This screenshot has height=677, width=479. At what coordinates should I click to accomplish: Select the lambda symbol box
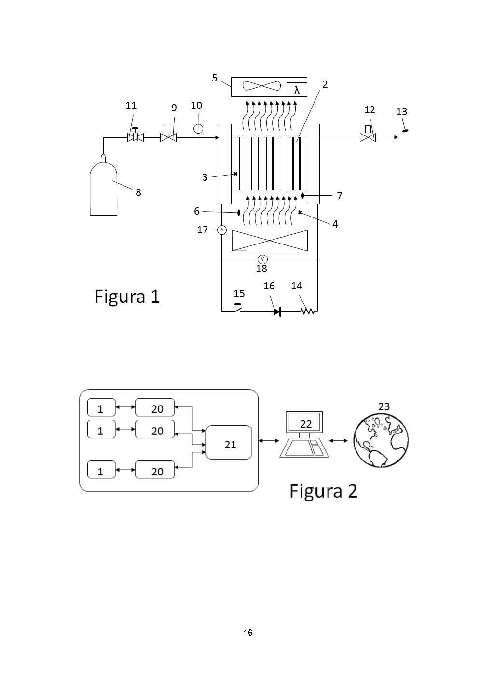297,90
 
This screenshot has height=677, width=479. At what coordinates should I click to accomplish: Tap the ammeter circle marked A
222,230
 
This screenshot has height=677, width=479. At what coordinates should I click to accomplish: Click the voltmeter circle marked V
262,259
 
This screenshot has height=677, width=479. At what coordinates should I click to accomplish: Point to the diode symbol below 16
277,311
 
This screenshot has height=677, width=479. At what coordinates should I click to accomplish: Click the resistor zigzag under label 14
308,311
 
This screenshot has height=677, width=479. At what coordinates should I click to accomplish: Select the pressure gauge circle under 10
198,129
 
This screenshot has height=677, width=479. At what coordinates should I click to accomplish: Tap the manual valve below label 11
136,136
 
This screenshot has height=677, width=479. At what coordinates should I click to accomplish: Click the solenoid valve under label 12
368,136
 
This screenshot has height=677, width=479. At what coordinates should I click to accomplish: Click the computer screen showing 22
304,422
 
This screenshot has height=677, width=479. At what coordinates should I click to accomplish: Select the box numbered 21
229,443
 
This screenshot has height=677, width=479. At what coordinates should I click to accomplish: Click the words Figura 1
127,296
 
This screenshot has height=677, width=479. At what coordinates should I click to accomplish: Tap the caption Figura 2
323,491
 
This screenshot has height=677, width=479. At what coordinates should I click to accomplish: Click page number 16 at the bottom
248,632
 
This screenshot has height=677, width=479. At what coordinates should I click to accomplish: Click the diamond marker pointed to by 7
303,195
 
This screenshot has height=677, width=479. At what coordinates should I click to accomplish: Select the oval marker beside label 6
239,212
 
